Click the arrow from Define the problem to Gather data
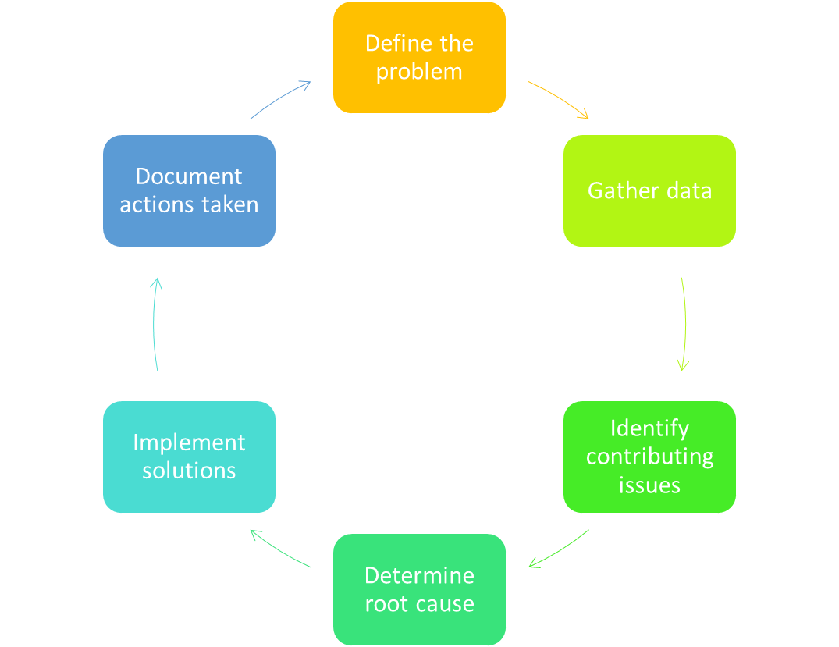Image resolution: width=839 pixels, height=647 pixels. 560,98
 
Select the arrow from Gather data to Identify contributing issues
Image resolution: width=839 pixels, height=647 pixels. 684,323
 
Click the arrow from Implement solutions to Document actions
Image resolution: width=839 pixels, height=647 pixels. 155,323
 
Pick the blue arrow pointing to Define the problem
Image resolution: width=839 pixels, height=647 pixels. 281,98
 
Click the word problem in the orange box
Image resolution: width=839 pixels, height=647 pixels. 419,72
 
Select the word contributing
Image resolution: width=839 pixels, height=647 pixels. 649,457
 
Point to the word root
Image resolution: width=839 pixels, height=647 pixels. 387,604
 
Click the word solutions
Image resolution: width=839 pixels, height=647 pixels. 189,471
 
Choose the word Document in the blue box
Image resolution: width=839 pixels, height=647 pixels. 189,176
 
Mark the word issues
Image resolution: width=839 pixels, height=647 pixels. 649,485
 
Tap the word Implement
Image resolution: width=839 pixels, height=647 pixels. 189,443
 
